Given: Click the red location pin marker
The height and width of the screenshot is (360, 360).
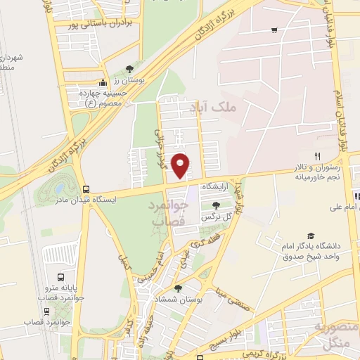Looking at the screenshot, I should (x=181, y=165).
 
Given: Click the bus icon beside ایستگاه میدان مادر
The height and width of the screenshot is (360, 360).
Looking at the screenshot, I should (x=86, y=189).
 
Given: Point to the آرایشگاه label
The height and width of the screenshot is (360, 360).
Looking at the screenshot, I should (x=216, y=187).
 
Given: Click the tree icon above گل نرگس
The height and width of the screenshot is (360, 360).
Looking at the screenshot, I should (x=215, y=205).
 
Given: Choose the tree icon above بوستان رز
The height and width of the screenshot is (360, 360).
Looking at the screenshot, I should (x=129, y=69).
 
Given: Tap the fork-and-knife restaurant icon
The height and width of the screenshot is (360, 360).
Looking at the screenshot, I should (x=317, y=156).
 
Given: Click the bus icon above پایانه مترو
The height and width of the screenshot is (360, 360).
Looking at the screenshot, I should (x=60, y=277).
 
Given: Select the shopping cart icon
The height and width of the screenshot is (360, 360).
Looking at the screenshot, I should (x=274, y=30).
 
